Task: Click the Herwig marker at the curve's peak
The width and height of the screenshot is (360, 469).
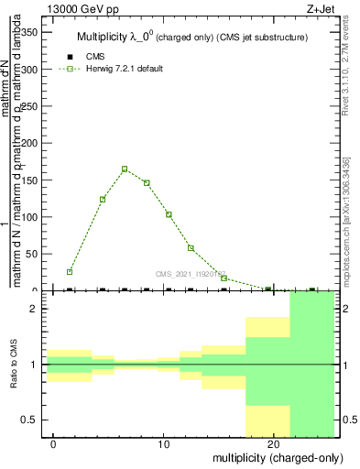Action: (x=125, y=169)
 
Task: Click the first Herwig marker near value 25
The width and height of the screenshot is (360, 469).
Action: (x=70, y=272)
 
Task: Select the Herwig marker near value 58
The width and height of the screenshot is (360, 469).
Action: (x=191, y=247)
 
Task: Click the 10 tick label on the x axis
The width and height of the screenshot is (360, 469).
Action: (x=163, y=444)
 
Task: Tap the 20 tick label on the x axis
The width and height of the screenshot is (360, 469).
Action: (x=273, y=444)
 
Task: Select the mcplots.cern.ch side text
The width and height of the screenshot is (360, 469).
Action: (x=349, y=216)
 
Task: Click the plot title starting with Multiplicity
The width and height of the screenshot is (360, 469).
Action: (x=191, y=37)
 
